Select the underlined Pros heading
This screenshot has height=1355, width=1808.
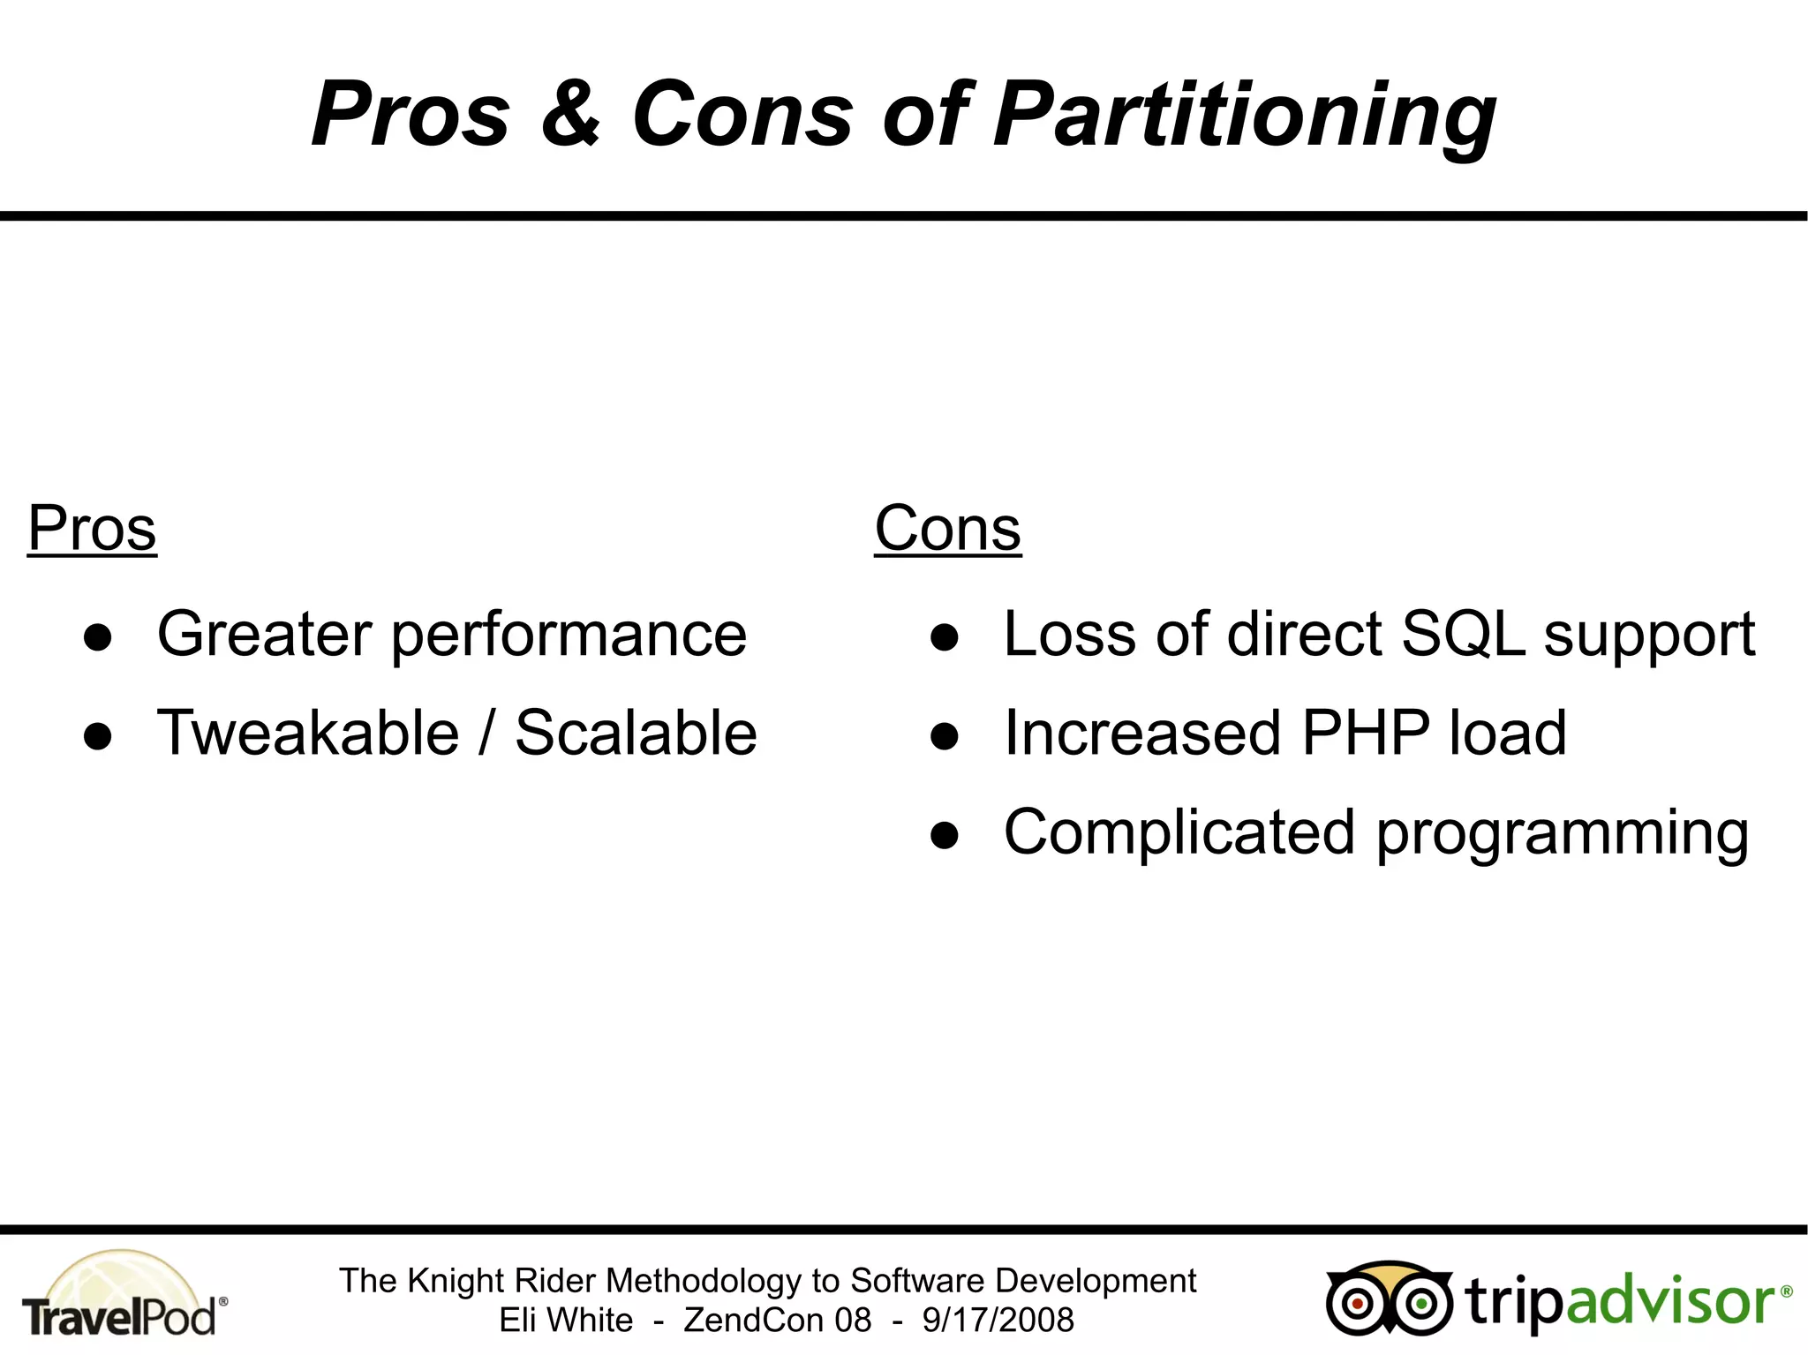(x=92, y=529)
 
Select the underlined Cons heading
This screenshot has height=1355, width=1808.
(x=947, y=529)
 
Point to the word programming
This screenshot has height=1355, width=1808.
(x=1563, y=835)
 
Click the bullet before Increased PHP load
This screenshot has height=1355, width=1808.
(x=944, y=736)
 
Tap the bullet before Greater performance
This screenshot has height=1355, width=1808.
(x=97, y=637)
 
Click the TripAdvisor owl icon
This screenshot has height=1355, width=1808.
(x=1389, y=1299)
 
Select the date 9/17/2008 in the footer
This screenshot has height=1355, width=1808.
(x=998, y=1321)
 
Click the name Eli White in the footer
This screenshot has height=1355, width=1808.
(x=566, y=1321)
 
